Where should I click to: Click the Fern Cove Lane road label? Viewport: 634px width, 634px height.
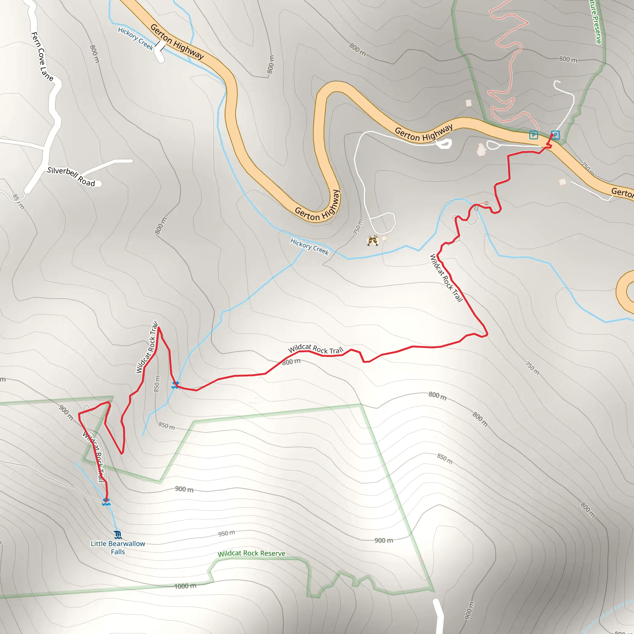42,56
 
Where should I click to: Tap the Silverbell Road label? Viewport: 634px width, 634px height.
71,176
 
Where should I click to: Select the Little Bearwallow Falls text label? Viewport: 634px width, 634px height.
118,548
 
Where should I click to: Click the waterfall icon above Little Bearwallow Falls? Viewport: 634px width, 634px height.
118,535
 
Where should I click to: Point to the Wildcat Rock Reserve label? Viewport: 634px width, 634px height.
251,554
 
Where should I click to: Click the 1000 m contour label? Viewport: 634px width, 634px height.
185,586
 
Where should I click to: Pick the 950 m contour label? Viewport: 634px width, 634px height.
226,533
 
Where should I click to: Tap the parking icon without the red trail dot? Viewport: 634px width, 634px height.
534,135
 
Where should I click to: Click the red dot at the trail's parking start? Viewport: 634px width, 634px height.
552,135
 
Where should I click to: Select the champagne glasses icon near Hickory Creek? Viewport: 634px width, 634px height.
372,240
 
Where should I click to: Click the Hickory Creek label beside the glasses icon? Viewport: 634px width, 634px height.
310,246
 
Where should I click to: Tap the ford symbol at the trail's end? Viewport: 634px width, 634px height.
106,502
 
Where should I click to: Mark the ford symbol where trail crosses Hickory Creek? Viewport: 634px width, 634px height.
175,384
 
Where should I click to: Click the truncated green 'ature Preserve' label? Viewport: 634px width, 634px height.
595,22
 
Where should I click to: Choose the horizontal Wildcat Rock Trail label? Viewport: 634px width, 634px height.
315,349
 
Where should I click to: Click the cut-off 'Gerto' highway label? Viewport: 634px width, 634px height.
622,192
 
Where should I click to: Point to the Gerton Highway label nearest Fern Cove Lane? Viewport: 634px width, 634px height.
177,42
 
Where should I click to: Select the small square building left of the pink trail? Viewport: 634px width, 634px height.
469,103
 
